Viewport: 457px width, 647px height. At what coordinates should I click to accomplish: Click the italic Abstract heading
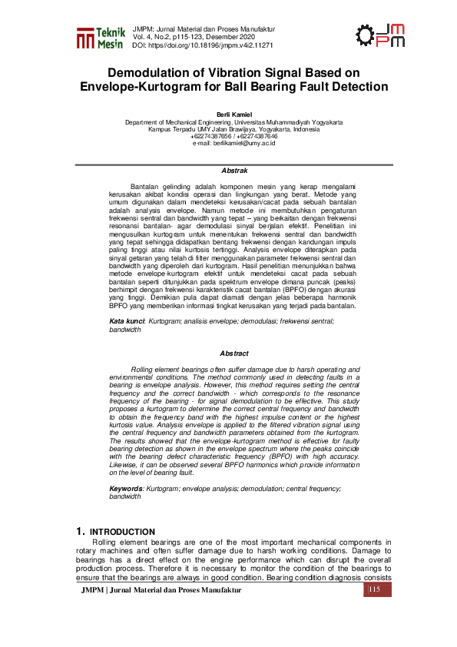coord(234,353)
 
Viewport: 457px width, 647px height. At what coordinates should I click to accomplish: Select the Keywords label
coord(127,489)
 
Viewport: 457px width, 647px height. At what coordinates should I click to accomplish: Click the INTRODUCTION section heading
coord(123,532)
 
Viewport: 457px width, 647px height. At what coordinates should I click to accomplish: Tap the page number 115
coord(375,589)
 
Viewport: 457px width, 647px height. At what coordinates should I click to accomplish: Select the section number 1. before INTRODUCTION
coord(80,532)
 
